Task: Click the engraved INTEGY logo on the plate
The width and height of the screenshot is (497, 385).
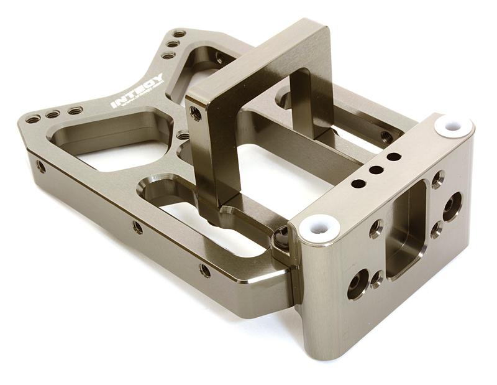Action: pyautogui.click(x=137, y=91)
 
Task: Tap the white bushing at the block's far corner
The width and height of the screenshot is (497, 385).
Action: pyautogui.click(x=452, y=126)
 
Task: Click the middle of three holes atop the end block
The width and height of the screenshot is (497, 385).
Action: pyautogui.click(x=375, y=170)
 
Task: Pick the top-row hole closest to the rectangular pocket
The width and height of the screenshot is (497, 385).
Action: pyautogui.click(x=393, y=157)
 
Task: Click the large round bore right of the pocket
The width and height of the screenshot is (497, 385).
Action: pyautogui.click(x=452, y=206)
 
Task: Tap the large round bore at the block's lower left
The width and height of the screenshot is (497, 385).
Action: pyautogui.click(x=357, y=284)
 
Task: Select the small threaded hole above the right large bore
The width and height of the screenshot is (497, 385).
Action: pyautogui.click(x=438, y=179)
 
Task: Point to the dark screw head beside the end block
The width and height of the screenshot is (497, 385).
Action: pyautogui.click(x=281, y=236)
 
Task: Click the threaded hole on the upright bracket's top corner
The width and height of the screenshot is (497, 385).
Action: pyautogui.click(x=196, y=113)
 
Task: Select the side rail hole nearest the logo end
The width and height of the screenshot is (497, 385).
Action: pyautogui.click(x=41, y=166)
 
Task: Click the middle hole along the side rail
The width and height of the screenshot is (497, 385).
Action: pyautogui.click(x=137, y=228)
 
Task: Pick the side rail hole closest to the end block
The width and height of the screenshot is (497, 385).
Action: pyautogui.click(x=204, y=270)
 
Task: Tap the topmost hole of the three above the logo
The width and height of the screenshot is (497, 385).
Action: pyautogui.click(x=179, y=34)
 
